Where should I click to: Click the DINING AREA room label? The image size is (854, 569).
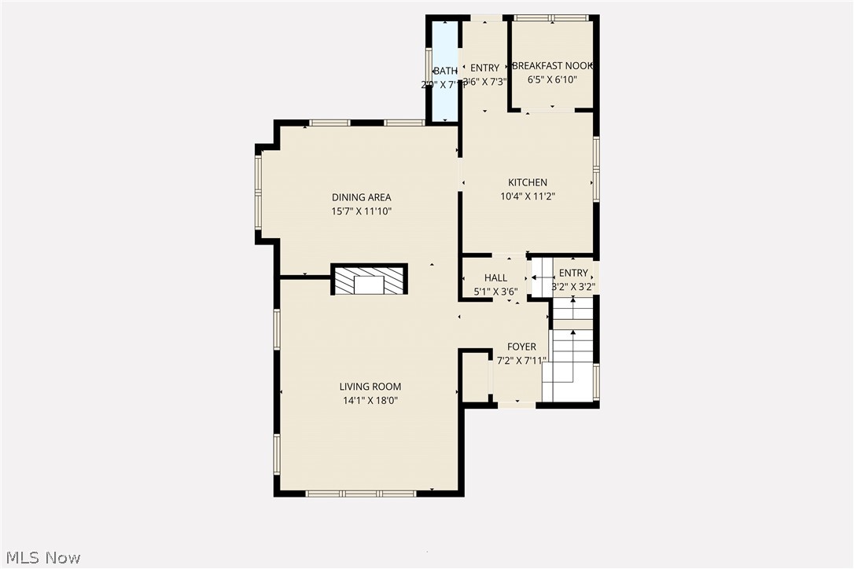(x=361, y=197)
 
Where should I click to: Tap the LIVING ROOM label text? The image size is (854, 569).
(x=370, y=387)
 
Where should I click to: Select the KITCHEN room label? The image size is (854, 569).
(x=527, y=182)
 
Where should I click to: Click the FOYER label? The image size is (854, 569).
(x=521, y=347)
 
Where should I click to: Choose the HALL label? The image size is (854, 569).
(x=495, y=278)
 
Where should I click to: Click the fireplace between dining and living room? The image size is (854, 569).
(x=369, y=280)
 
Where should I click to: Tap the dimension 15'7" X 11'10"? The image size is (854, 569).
(x=361, y=211)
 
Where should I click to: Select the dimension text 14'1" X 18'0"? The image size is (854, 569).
(x=370, y=400)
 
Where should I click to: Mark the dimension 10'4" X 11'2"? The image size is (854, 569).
(x=527, y=196)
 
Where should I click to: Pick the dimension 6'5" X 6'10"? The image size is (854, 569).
(x=552, y=80)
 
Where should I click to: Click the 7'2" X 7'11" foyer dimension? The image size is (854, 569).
(x=521, y=361)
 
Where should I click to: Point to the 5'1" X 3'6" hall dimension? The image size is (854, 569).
(x=495, y=292)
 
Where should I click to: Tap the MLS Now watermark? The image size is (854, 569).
(x=41, y=558)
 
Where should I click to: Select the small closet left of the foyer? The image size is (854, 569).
(x=475, y=377)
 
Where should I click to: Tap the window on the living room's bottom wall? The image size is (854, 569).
(x=361, y=494)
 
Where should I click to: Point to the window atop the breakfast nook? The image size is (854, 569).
(x=550, y=17)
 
